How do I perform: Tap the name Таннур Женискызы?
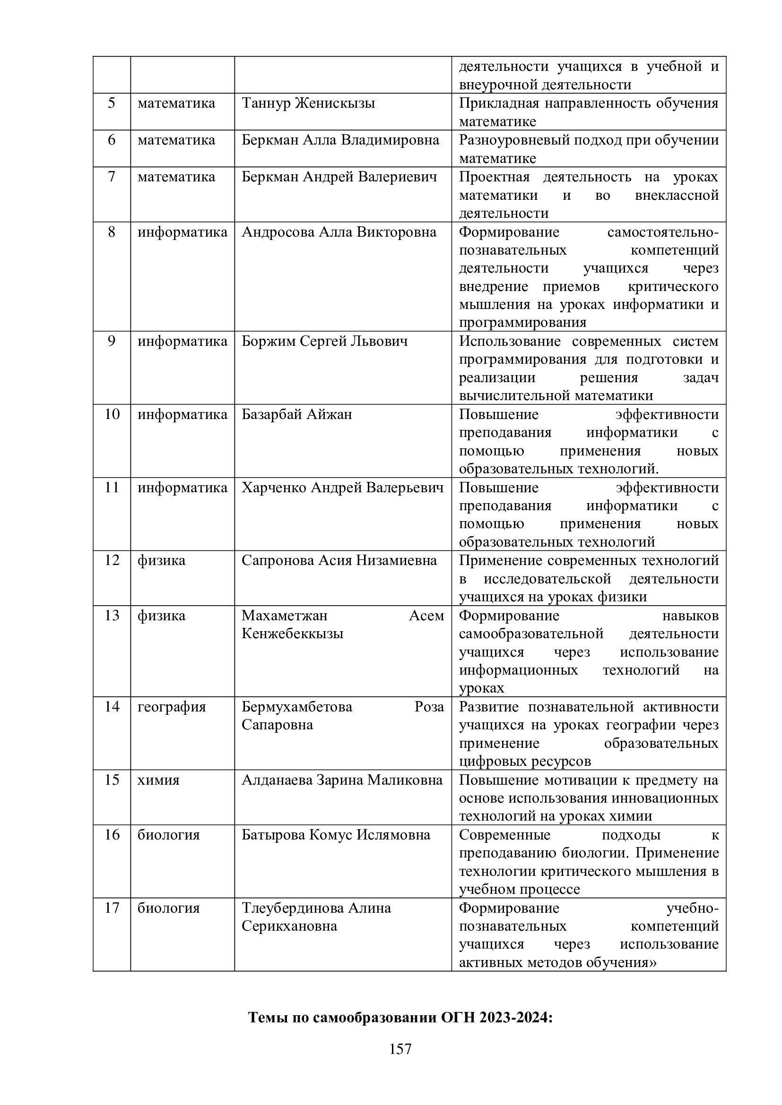pyautogui.click(x=308, y=103)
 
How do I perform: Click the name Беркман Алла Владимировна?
pyautogui.click(x=340, y=140)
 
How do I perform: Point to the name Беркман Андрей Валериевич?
pyautogui.click(x=339, y=177)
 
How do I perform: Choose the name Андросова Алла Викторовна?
pyautogui.click(x=339, y=232)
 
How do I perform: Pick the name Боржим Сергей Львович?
pyautogui.click(x=324, y=341)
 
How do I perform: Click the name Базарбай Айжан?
pyautogui.click(x=296, y=414)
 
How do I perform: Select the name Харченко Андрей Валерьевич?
pyautogui.click(x=342, y=488)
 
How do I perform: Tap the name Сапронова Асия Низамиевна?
pyautogui.click(x=339, y=560)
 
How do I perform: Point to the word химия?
pyautogui.click(x=158, y=779)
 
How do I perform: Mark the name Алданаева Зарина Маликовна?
pyautogui.click(x=342, y=779)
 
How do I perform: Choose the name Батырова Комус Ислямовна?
pyautogui.click(x=336, y=834)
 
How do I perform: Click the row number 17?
pyautogui.click(x=112, y=908)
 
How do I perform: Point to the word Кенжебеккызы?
pyautogui.click(x=292, y=634)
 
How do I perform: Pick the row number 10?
pyautogui.click(x=112, y=414)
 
